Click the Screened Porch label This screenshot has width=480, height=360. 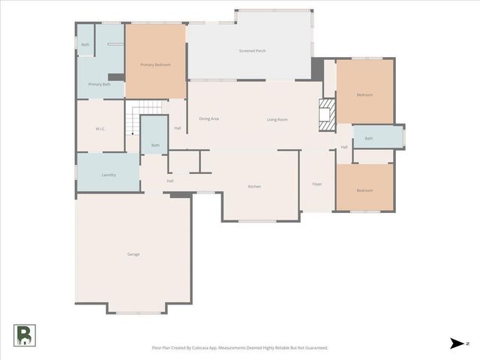[252, 50]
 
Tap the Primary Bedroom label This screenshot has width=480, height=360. [156, 65]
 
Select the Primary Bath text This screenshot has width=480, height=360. [99, 84]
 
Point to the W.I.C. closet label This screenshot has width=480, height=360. [100, 129]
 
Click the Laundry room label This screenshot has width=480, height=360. [108, 175]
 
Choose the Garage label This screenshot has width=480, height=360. [133, 254]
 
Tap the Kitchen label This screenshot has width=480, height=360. [254, 186]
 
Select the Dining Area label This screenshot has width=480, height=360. [208, 119]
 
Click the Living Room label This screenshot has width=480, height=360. [277, 119]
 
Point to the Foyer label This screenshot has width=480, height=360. [317, 184]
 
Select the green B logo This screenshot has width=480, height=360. [24, 335]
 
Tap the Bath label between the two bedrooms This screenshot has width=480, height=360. [368, 138]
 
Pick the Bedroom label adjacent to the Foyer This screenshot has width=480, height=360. [364, 190]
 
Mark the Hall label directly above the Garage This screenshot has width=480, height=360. [170, 181]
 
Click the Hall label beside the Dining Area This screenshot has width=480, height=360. [178, 128]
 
